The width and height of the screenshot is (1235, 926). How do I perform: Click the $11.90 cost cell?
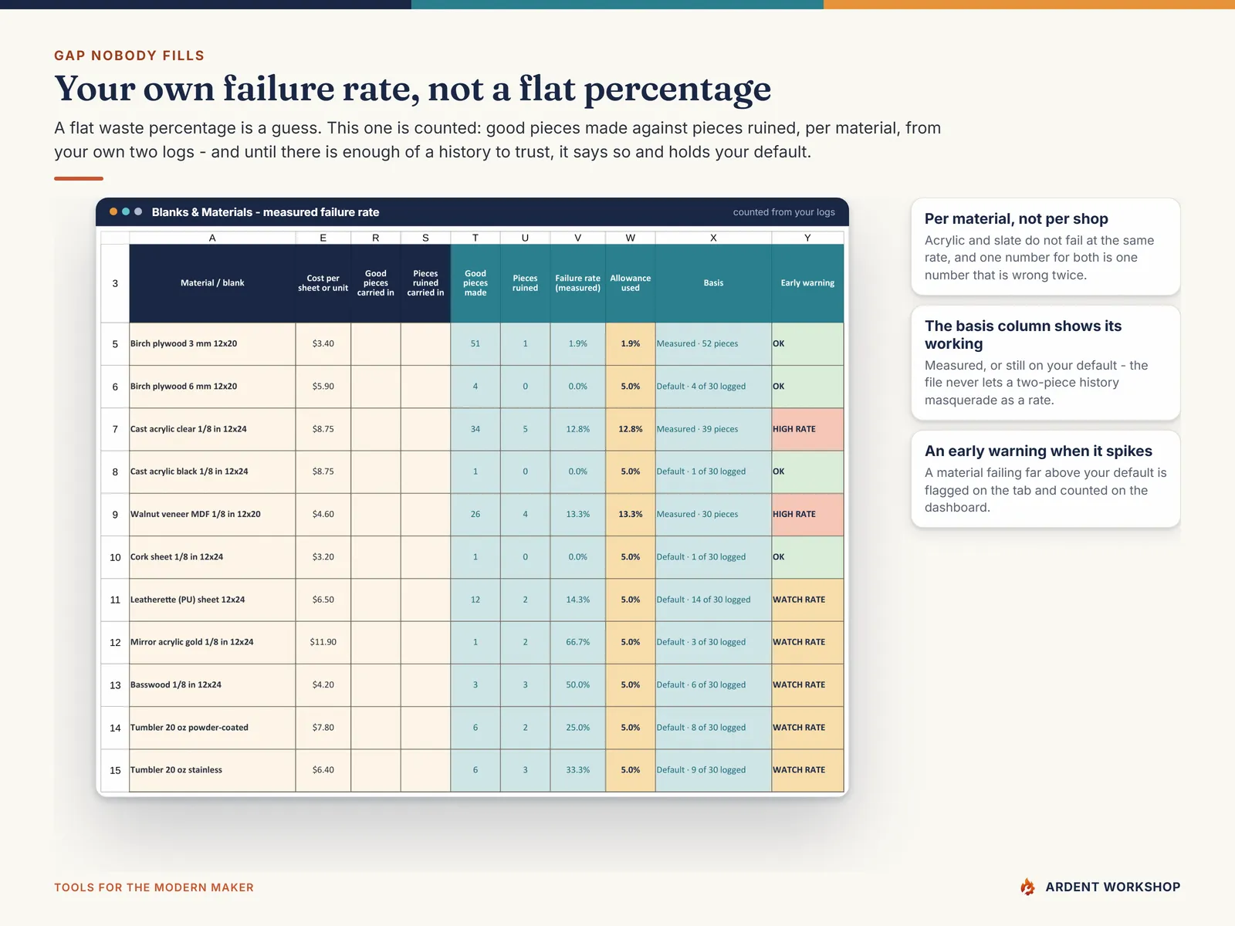pos(323,642)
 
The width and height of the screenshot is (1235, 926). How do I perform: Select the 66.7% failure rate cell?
pos(577,642)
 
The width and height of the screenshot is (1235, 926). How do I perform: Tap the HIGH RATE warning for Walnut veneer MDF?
pos(807,515)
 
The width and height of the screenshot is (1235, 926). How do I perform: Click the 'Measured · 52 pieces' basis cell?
pos(713,343)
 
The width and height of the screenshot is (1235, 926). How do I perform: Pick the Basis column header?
pos(713,282)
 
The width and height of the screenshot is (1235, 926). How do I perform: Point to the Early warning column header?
pos(807,282)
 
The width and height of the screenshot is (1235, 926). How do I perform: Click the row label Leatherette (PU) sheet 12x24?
pos(188,600)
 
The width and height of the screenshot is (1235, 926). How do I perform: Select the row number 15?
pos(115,770)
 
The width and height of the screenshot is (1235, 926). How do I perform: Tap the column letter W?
pos(630,238)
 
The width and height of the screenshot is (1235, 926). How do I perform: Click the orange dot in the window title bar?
pos(113,212)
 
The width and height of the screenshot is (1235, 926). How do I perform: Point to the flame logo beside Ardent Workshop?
pos(1027,887)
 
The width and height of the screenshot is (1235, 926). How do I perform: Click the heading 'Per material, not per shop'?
pos(1016,218)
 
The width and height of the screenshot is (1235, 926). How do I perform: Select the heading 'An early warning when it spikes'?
pos(1038,451)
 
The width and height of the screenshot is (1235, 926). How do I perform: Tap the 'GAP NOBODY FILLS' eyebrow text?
pos(130,56)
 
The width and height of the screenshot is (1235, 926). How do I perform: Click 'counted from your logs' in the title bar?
pos(783,212)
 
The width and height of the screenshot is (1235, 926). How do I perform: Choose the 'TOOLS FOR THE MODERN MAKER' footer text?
pos(154,887)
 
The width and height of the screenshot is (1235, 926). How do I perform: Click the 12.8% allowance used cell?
pos(630,429)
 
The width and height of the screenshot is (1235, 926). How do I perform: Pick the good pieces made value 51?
pos(475,343)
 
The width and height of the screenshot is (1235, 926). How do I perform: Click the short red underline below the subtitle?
pos(79,179)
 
